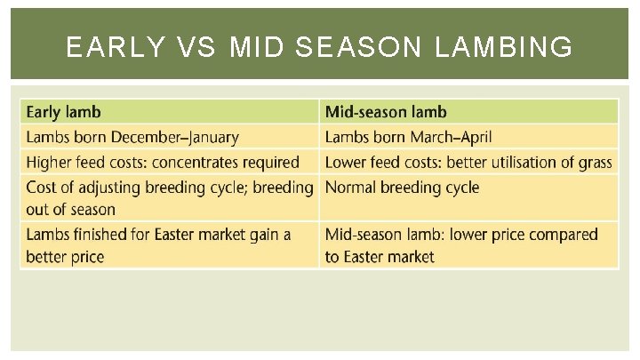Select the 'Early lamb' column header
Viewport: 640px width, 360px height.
(64, 112)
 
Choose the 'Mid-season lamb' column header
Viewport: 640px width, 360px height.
(386, 112)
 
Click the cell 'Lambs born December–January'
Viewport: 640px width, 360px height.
(132, 137)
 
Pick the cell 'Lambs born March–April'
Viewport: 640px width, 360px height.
(408, 137)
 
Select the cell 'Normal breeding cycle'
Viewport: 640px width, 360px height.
(402, 188)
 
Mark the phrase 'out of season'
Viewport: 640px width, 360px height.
(71, 210)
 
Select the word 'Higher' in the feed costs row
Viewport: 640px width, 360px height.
(50, 163)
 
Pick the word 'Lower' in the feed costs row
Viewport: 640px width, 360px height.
(346, 163)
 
